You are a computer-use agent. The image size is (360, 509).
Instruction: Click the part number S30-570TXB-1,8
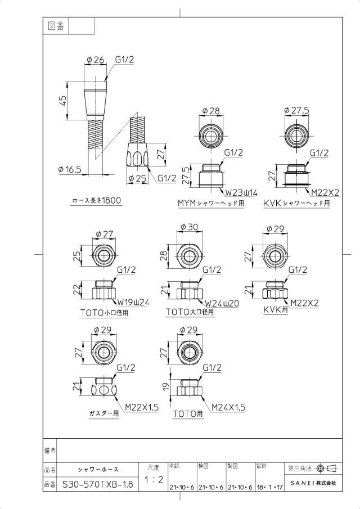pyautogui.click(x=97, y=485)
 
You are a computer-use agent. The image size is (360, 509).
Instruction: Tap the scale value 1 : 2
pyautogui.click(x=154, y=479)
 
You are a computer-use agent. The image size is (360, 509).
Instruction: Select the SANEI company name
pyautogui.click(x=313, y=483)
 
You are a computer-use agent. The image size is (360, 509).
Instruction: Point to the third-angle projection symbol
pyautogui.click(x=327, y=469)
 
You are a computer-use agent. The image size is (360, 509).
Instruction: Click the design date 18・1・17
pyautogui.click(x=270, y=487)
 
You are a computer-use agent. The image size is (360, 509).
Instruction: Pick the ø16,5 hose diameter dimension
pyautogui.click(x=69, y=169)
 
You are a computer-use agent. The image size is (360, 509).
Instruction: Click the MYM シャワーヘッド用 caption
pyautogui.click(x=211, y=203)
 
